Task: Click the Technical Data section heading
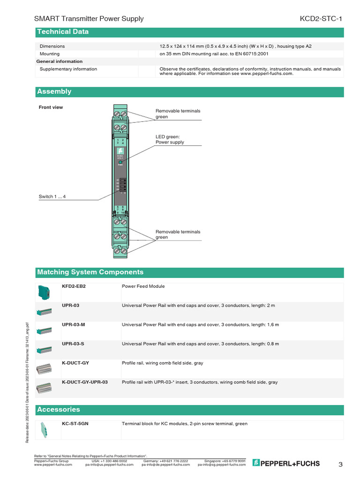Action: (x=62, y=32)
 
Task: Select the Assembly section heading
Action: (x=54, y=91)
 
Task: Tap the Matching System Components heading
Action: (x=90, y=272)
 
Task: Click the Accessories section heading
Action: (x=59, y=410)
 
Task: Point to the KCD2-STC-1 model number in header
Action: (x=321, y=19)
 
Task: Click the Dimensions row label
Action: (x=52, y=46)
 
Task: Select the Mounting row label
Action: (x=50, y=54)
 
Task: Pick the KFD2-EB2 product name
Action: (x=74, y=286)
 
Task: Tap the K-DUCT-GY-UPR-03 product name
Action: (x=85, y=382)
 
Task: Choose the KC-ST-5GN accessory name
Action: (x=75, y=424)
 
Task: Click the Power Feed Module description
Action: (x=143, y=286)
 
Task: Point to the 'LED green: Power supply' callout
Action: (x=170, y=139)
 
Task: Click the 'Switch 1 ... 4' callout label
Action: (x=52, y=196)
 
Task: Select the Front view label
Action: (x=51, y=107)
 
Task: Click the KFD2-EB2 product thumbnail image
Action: (x=44, y=292)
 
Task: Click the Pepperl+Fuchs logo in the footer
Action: (x=286, y=464)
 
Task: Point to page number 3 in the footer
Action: (x=341, y=465)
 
